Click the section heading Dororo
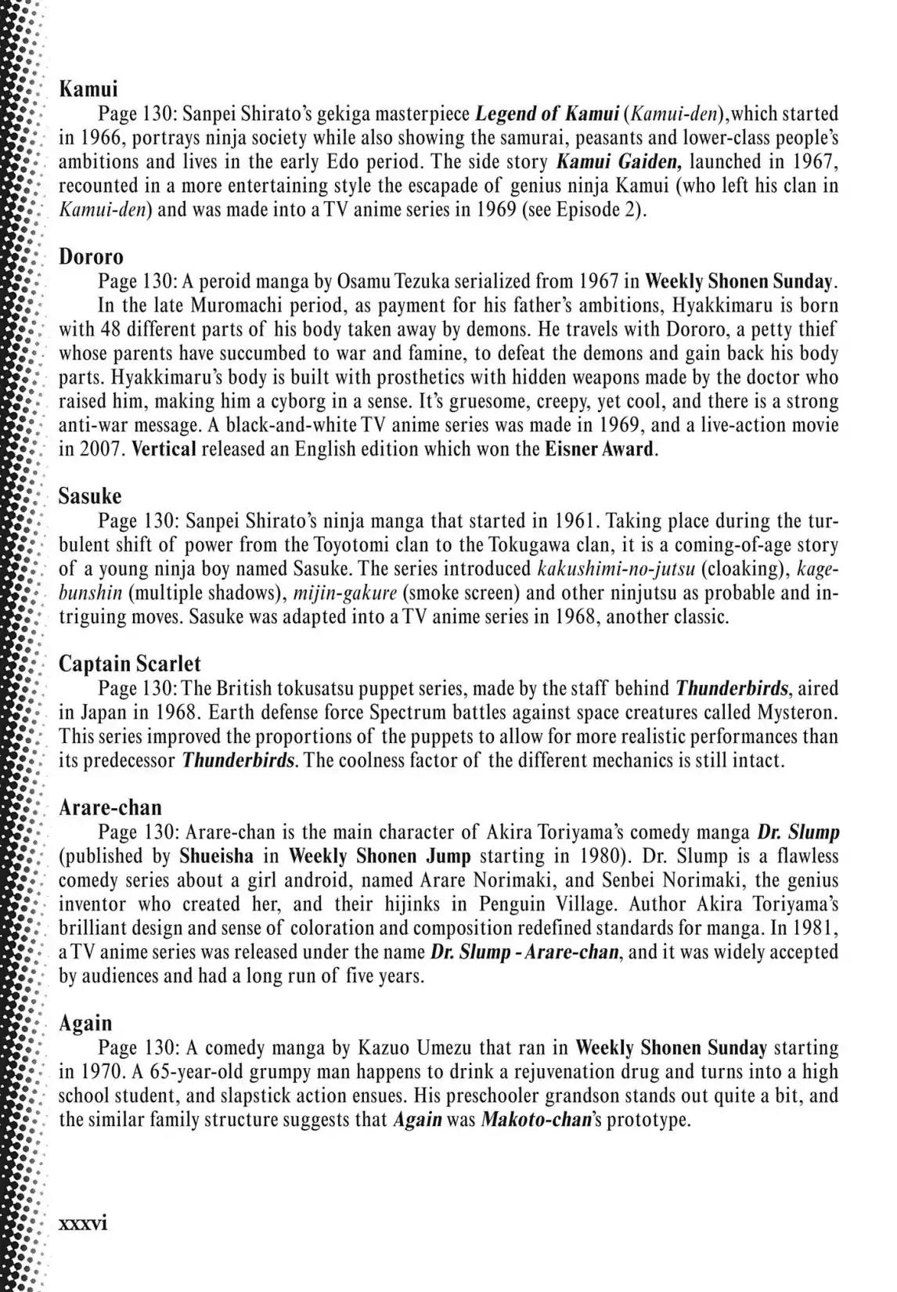click(x=92, y=257)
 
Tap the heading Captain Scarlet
click(x=130, y=664)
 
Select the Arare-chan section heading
click(x=110, y=807)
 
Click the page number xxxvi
click(x=83, y=1223)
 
